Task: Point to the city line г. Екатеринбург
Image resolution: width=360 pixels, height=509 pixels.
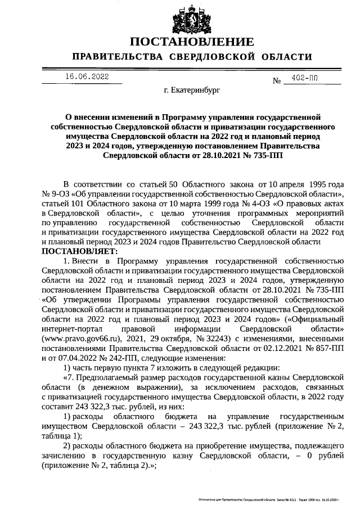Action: click(192, 89)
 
